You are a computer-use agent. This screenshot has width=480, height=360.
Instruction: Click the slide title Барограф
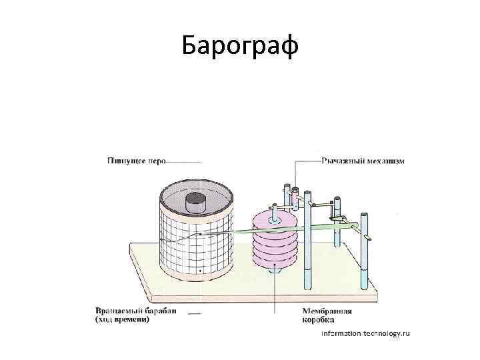240,47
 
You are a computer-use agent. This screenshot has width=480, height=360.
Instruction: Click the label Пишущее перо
136,161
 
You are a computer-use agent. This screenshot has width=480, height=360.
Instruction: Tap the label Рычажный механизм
363,161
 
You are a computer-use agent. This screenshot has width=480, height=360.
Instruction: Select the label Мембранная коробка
327,315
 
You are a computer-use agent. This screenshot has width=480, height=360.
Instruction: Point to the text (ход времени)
123,319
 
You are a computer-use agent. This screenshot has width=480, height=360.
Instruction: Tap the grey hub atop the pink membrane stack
273,215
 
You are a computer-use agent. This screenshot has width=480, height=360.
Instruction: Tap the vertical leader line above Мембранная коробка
275,293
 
